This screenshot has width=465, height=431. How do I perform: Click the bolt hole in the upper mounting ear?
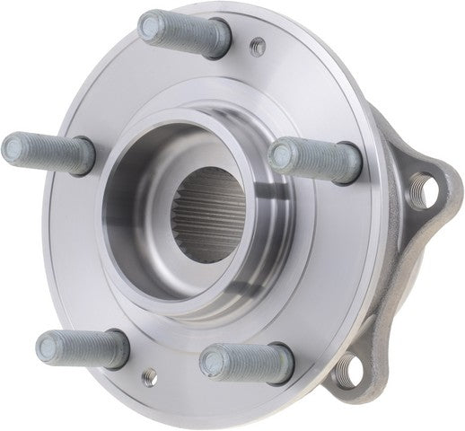pos(428,188)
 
